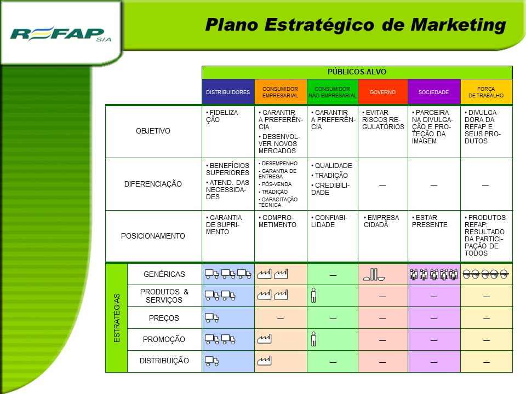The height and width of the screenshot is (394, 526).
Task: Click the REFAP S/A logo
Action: click(60, 34)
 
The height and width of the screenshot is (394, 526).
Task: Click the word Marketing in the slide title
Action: click(458, 26)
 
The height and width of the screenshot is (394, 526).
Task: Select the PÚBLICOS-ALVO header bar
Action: click(357, 72)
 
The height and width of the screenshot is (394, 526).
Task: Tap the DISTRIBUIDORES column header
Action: click(228, 92)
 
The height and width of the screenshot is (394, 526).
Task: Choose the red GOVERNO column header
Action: click(383, 92)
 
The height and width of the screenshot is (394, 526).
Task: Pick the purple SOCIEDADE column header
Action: click(434, 92)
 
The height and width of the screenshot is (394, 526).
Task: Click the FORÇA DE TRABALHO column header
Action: click(486, 92)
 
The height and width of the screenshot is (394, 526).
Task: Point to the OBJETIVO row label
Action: click(153, 131)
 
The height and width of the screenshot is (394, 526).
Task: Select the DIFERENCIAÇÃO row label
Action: click(153, 184)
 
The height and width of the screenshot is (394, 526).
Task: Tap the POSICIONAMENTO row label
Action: click(153, 236)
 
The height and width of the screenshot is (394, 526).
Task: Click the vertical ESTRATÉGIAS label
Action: click(117, 318)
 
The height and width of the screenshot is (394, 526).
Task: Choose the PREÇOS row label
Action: click(164, 318)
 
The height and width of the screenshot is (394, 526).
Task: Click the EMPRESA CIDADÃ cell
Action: click(381, 221)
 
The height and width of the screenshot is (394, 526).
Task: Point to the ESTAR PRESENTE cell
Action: click(430, 221)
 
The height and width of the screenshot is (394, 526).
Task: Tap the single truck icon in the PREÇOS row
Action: click(211, 317)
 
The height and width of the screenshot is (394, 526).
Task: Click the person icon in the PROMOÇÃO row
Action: click(313, 339)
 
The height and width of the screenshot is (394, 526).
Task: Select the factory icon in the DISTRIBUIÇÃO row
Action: click(264, 361)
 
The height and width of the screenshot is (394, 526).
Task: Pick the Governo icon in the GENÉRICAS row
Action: click(374, 274)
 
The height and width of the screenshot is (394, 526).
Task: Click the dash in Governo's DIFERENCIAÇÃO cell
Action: click(382, 185)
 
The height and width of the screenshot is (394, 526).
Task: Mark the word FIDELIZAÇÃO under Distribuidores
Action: click(223, 116)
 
